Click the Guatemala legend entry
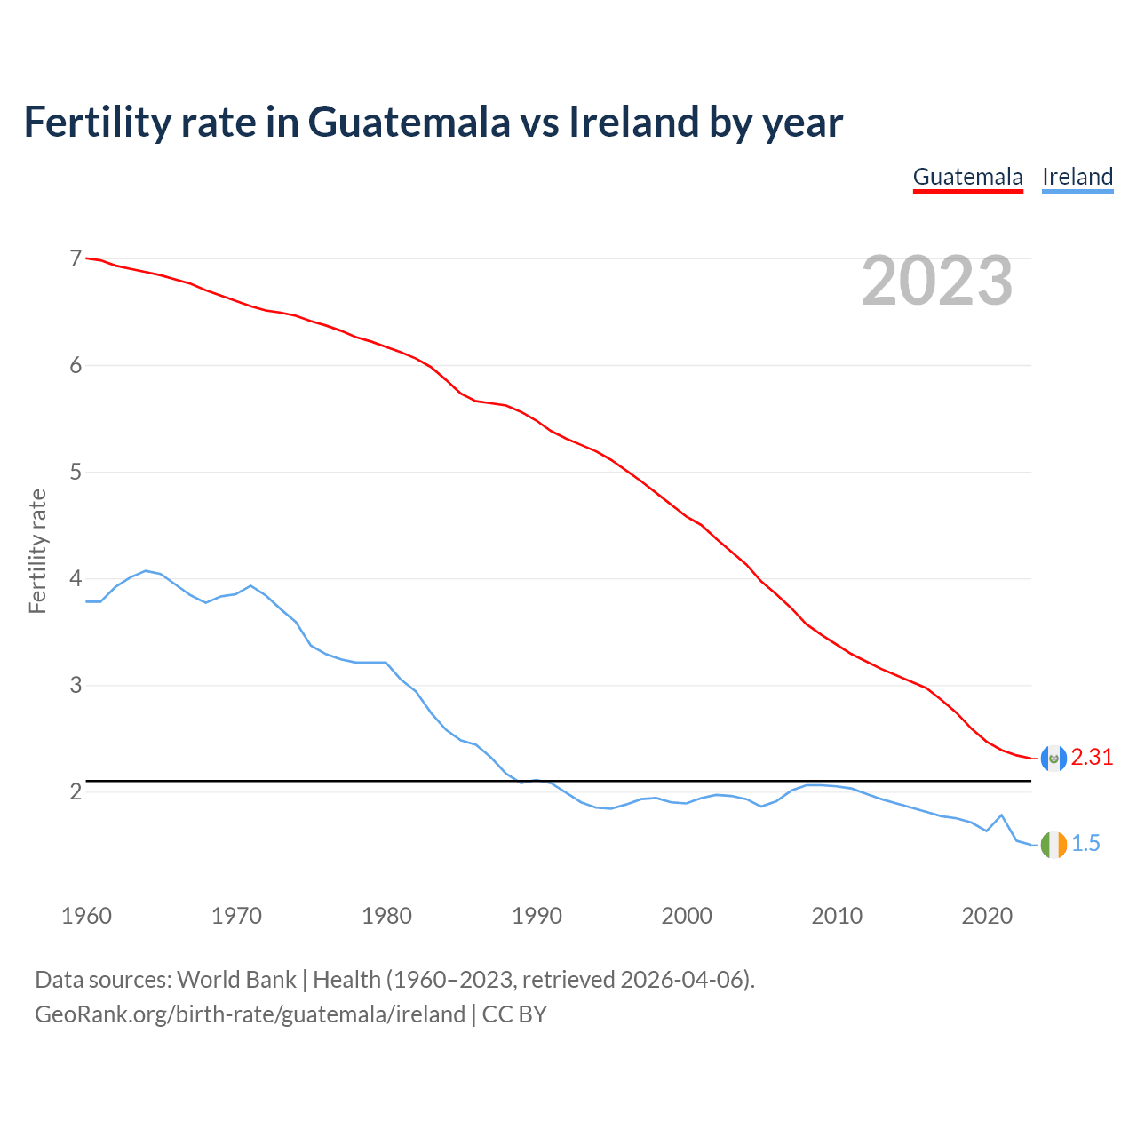click(x=967, y=177)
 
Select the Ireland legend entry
click(x=1077, y=177)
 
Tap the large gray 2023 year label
click(x=936, y=281)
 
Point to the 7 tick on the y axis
click(x=76, y=258)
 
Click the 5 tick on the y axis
click(x=76, y=472)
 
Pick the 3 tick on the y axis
click(x=76, y=685)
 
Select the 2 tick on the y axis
click(x=76, y=791)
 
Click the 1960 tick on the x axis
click(x=86, y=916)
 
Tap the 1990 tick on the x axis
click(x=537, y=916)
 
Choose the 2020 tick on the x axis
click(x=987, y=916)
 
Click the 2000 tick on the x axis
click(x=687, y=916)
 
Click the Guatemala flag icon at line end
click(x=1054, y=758)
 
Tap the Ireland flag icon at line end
click(x=1054, y=844)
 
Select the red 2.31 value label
click(x=1092, y=758)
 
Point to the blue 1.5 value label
click(x=1085, y=844)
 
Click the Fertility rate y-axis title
click(x=37, y=551)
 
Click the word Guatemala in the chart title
click(x=409, y=123)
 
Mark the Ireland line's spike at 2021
click(x=1001, y=815)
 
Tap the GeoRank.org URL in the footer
click(x=250, y=1014)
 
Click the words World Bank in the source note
click(x=236, y=980)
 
